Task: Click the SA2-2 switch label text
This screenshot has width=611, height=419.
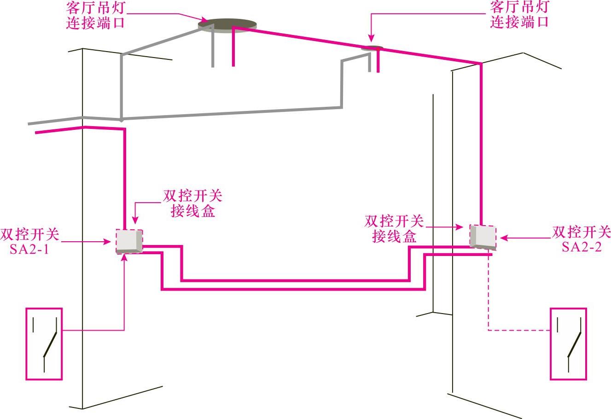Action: (x=581, y=239)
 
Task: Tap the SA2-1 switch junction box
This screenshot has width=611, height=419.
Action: (x=129, y=241)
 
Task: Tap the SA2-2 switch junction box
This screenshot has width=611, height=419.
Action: (x=483, y=237)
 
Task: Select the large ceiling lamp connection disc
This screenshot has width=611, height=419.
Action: (x=227, y=25)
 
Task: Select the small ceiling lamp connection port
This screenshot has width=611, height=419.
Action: (x=372, y=48)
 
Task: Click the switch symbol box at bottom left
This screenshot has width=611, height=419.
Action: (x=44, y=343)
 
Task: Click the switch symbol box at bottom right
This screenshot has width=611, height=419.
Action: (x=569, y=343)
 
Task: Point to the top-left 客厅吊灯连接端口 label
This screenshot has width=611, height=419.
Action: (x=96, y=15)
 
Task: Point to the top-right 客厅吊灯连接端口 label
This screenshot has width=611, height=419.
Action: (x=520, y=14)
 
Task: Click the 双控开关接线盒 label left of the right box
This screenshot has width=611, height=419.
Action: (x=394, y=228)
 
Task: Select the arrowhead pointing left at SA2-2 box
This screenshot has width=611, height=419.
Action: (x=503, y=238)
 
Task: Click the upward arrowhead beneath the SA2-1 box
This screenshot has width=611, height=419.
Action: (x=125, y=256)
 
